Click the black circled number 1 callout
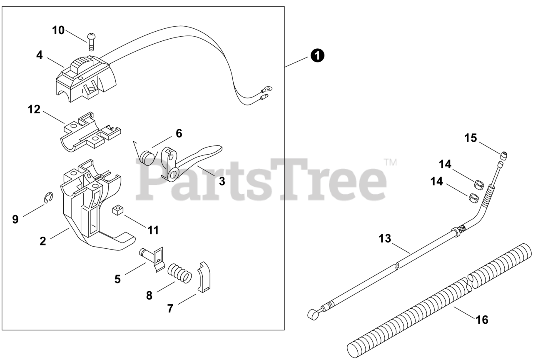[x=318, y=55]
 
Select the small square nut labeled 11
[x=119, y=210]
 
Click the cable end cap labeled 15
[x=504, y=156]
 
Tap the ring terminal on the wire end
[x=266, y=88]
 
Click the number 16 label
[x=482, y=320]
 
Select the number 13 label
[x=385, y=239]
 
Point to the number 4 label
[x=39, y=55]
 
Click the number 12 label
[x=34, y=110]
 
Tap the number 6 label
[x=179, y=133]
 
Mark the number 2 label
[x=42, y=241]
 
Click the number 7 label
[x=169, y=309]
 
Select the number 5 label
[x=117, y=279]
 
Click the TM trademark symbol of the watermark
[x=390, y=162]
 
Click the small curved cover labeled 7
[x=204, y=277]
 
